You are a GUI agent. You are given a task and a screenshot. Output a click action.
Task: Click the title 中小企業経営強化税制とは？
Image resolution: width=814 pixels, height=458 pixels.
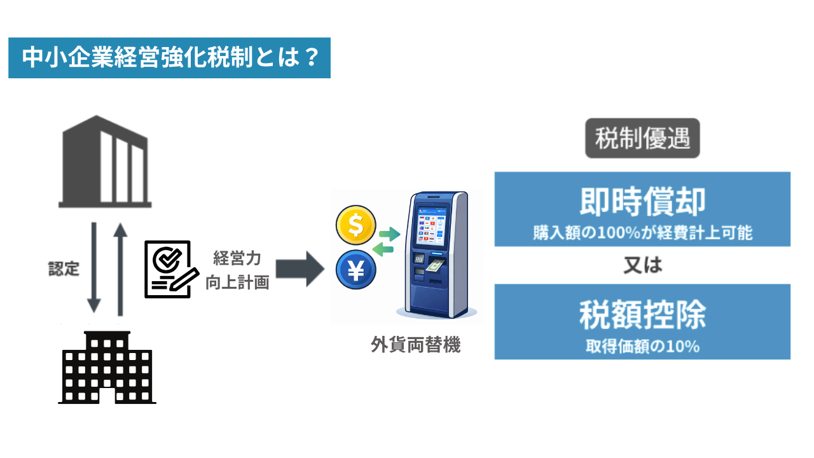169,58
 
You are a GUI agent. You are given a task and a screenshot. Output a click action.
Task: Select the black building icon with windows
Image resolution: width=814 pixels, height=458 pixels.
107,368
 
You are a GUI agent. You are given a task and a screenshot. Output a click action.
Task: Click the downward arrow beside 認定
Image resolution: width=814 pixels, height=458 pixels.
94,267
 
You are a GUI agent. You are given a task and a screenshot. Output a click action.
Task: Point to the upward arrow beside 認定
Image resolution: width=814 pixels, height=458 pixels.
119,267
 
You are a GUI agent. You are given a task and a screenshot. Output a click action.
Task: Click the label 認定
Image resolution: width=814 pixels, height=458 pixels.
64,268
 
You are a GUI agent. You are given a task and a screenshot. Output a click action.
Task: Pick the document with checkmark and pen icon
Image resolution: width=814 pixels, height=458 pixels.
169,268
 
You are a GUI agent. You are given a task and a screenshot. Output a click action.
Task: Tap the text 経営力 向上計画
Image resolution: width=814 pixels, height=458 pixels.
237,270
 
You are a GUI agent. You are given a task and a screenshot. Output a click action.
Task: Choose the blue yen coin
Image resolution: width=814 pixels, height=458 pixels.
356,270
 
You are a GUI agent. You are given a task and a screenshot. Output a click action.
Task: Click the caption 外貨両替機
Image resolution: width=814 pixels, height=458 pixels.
415,345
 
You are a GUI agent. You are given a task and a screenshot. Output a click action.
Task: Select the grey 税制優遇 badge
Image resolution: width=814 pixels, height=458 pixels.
642,138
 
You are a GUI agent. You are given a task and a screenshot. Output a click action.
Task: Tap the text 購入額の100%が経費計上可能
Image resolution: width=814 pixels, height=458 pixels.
642,233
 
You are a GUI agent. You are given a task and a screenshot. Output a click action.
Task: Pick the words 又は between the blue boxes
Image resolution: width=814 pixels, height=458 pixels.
642,265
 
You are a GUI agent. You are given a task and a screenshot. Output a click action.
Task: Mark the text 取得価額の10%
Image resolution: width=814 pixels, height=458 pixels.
642,347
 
